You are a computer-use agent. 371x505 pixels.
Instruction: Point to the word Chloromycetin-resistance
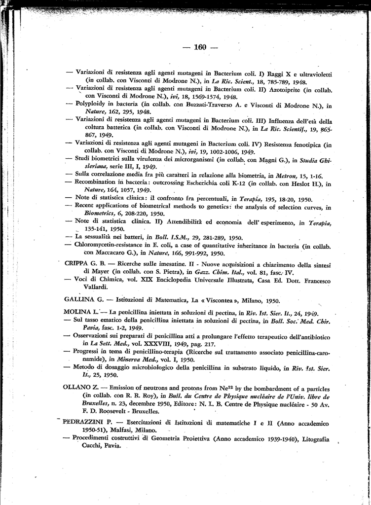(113, 245)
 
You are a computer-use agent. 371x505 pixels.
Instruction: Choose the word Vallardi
(98, 287)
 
